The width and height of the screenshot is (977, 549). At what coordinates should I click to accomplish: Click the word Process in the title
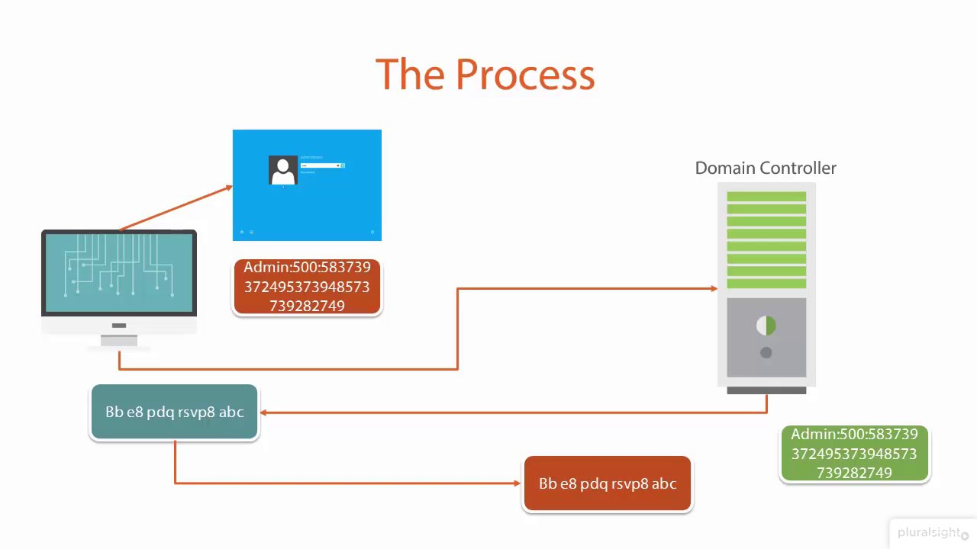coord(525,75)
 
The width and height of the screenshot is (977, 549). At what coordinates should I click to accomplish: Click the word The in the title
coord(411,75)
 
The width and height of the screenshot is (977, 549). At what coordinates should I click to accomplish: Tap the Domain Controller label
coord(766,168)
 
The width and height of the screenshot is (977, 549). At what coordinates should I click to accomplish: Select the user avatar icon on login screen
coord(283,170)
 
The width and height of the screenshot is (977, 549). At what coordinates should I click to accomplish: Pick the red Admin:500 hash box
coord(307,287)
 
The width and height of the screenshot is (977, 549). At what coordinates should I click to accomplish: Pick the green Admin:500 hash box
coord(854,454)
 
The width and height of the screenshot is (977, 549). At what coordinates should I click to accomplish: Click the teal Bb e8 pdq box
coord(174,412)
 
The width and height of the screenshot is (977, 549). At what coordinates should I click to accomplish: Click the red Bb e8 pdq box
coord(608,483)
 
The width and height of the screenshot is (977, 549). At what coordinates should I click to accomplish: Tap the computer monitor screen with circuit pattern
coord(119,272)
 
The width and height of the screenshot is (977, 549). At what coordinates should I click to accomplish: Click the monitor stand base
coord(119,342)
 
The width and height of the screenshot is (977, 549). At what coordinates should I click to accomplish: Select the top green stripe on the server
coord(766,197)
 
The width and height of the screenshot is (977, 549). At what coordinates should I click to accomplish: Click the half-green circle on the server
coord(766,326)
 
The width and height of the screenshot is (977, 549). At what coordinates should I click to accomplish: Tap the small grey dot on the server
coord(766,352)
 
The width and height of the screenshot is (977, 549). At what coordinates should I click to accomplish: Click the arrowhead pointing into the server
coord(714,288)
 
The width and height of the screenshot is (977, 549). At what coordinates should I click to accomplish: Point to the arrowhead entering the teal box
coord(264,413)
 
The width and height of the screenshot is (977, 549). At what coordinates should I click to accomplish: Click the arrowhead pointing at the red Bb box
coord(518,483)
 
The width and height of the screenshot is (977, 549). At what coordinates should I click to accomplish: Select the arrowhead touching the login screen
coord(228,187)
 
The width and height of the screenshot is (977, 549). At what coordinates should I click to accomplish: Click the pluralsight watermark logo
coord(928,532)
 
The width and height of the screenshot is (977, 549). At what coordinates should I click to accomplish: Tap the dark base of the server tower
coord(766,390)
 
